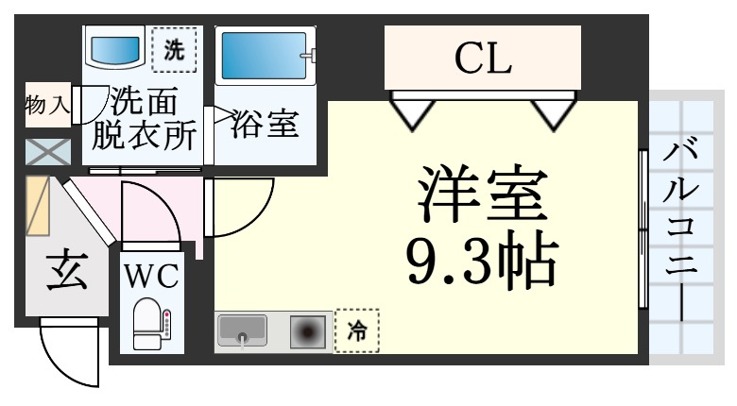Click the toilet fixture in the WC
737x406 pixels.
(x=150, y=324)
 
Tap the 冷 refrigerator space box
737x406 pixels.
(x=358, y=330)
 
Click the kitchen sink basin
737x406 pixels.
(x=243, y=331)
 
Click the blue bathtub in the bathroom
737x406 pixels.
(x=264, y=58)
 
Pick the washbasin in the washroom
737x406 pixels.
(x=115, y=46)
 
